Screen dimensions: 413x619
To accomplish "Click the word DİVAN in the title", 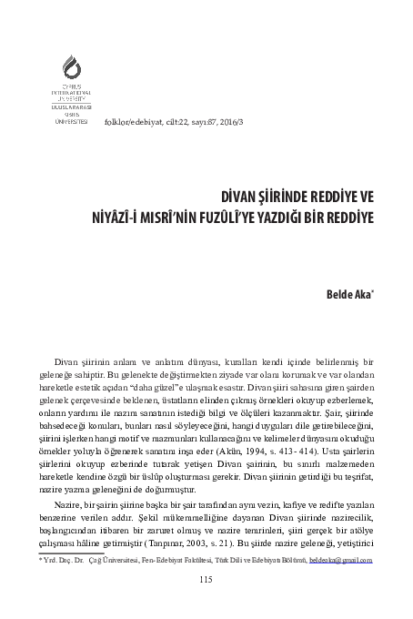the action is tap(237, 197).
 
